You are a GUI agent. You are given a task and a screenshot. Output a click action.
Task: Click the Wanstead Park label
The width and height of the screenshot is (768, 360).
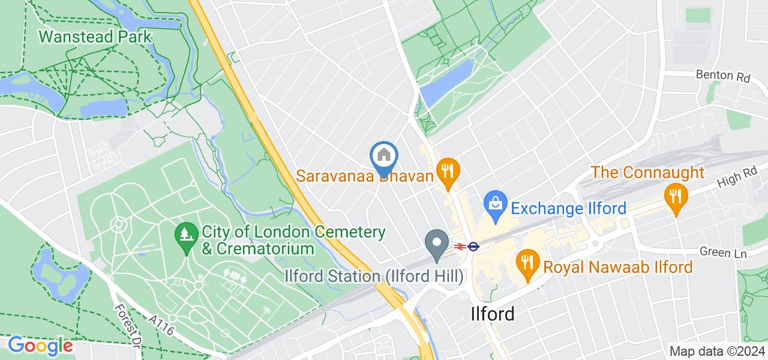(95, 37)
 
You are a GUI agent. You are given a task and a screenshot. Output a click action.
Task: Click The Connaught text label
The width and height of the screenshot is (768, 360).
(647, 173)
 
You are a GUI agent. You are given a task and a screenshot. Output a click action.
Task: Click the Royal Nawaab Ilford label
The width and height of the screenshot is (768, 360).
(618, 266)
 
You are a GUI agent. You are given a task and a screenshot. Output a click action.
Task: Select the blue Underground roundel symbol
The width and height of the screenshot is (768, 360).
(473, 245)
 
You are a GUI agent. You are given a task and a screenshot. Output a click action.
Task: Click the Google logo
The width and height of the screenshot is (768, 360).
(40, 346)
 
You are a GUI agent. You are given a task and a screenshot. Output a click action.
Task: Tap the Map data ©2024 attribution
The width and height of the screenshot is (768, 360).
(716, 351)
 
